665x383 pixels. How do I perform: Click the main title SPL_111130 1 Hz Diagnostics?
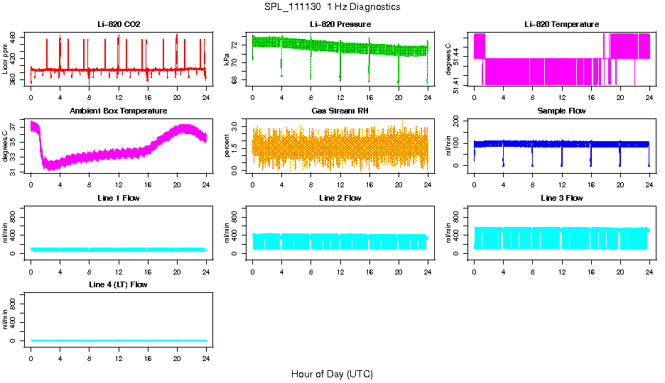[x=332, y=7]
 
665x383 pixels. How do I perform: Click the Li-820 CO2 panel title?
[x=119, y=25]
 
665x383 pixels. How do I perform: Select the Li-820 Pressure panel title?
[x=340, y=25]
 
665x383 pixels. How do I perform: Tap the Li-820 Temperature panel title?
[x=561, y=25]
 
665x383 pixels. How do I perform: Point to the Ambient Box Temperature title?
[x=119, y=111]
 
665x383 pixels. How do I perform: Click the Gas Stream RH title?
[x=340, y=111]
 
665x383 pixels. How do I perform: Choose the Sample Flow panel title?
[x=561, y=111]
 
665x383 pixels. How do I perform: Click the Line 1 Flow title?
[x=119, y=198]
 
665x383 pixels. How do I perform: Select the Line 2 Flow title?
[x=340, y=198]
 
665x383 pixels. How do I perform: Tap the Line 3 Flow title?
[x=561, y=198]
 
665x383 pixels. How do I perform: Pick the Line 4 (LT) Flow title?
[x=119, y=284]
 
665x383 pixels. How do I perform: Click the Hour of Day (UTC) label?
[x=332, y=374]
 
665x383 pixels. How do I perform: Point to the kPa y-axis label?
[x=227, y=60]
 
